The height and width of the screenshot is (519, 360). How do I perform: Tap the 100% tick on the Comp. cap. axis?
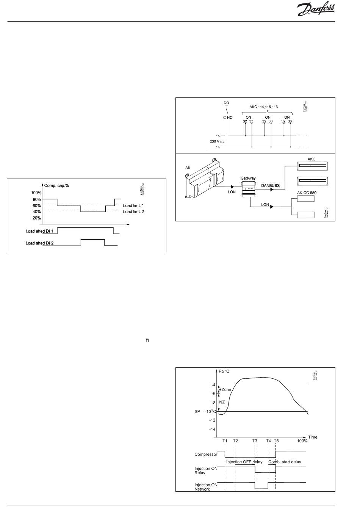[36, 193]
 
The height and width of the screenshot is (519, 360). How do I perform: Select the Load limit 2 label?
[133, 212]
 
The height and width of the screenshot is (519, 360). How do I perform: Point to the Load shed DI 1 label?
[39, 231]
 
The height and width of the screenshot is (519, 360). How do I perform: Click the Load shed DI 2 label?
[39, 243]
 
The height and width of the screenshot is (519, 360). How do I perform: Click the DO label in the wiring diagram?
[227, 103]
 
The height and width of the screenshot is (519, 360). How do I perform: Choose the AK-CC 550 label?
[307, 193]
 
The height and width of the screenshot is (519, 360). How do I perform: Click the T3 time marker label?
[255, 441]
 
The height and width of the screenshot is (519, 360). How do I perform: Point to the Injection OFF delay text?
[244, 462]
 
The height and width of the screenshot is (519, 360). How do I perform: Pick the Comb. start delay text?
[285, 462]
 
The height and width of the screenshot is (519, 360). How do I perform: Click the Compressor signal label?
[206, 454]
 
